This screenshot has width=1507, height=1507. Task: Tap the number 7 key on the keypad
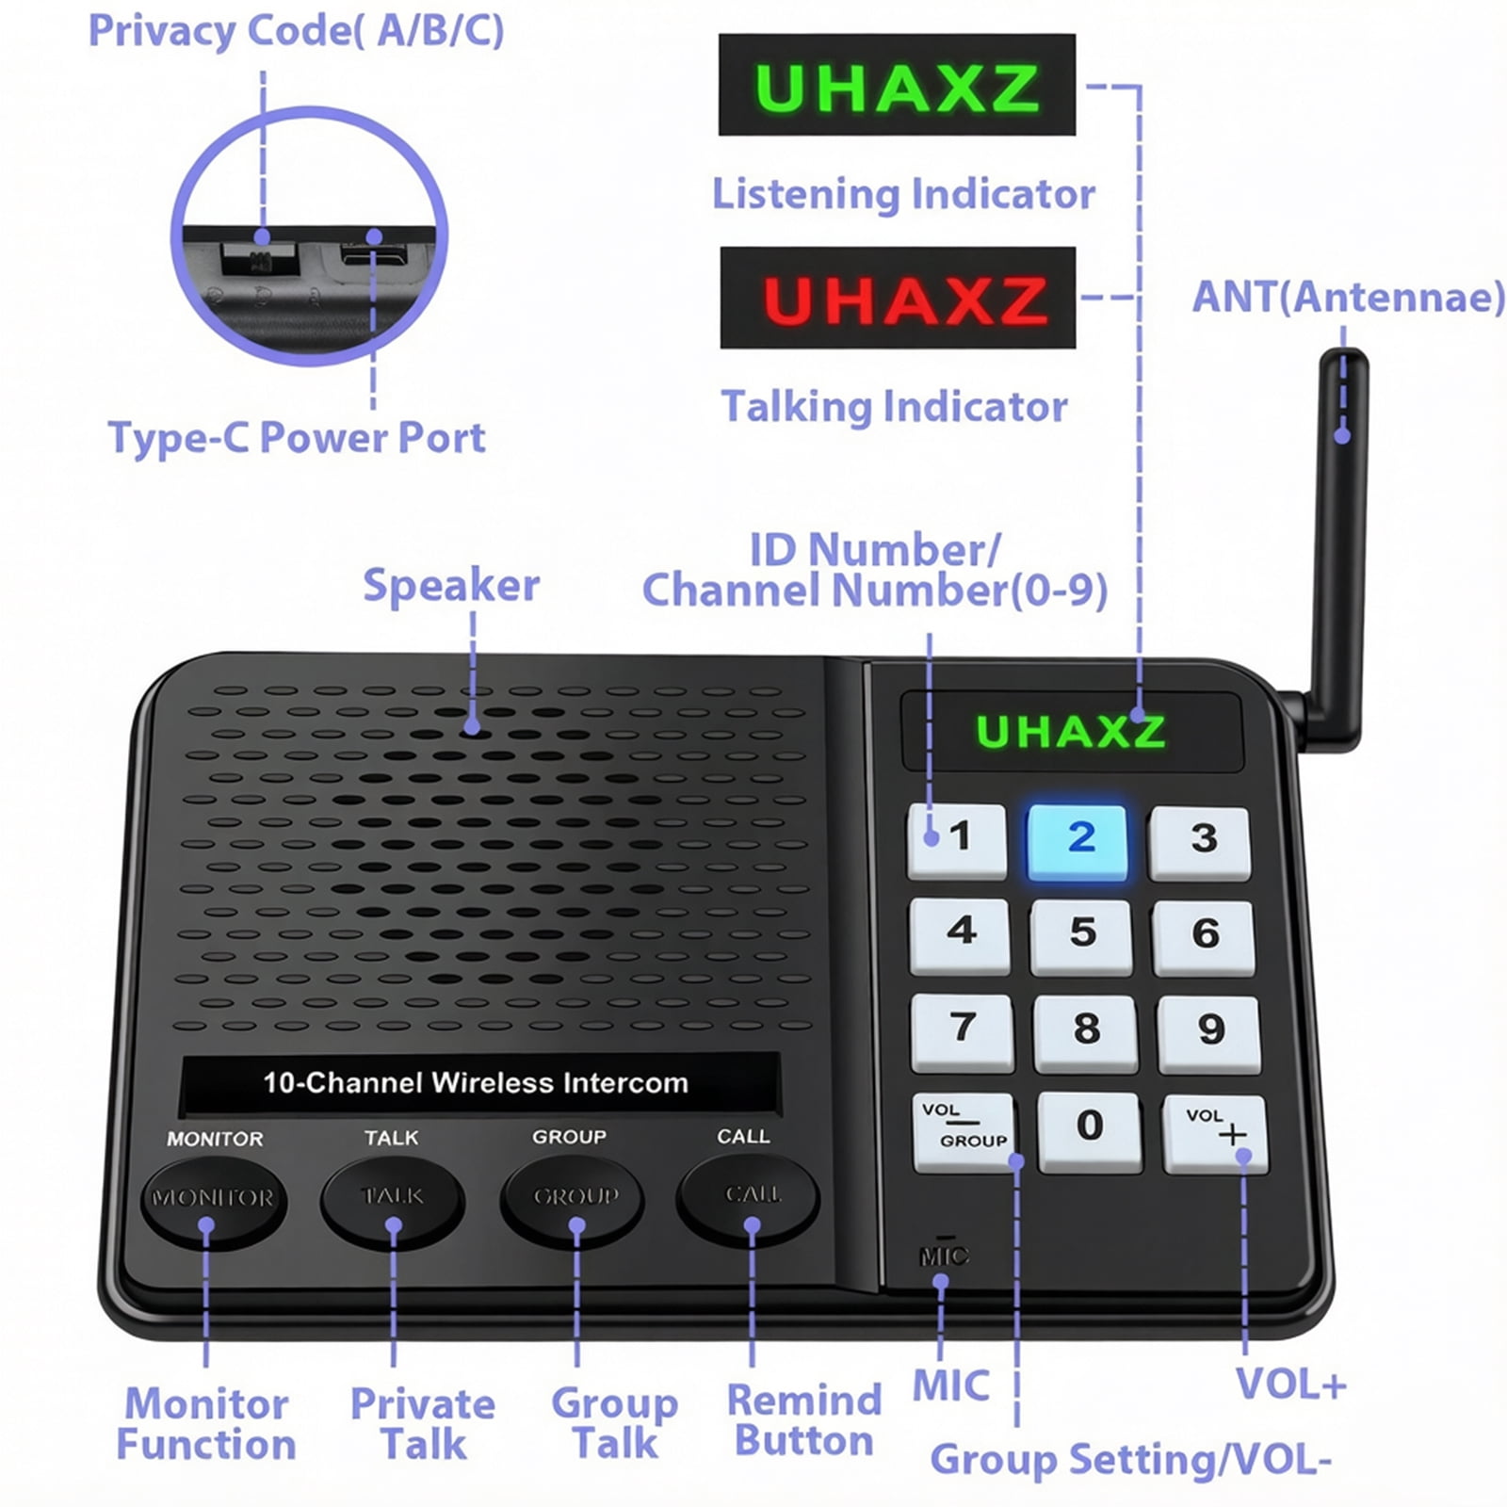coord(963,1031)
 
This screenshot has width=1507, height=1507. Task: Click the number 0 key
coord(1090,1131)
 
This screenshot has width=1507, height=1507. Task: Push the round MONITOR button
coord(213,1203)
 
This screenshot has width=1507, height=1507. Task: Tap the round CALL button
coord(748,1199)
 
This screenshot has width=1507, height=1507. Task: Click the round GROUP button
coord(573,1201)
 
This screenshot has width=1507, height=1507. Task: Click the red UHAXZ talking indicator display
coord(898,298)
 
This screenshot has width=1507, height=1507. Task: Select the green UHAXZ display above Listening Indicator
coord(897,85)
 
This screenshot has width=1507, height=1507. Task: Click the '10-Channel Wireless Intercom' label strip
coord(480,1083)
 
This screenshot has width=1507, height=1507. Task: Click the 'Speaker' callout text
coord(451,585)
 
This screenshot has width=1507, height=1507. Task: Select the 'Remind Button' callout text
coord(804,1420)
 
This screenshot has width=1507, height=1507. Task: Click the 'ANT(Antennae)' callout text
coord(1349,298)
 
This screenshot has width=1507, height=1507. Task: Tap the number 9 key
coord(1210,1033)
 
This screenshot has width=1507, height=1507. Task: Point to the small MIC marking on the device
coord(943,1255)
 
